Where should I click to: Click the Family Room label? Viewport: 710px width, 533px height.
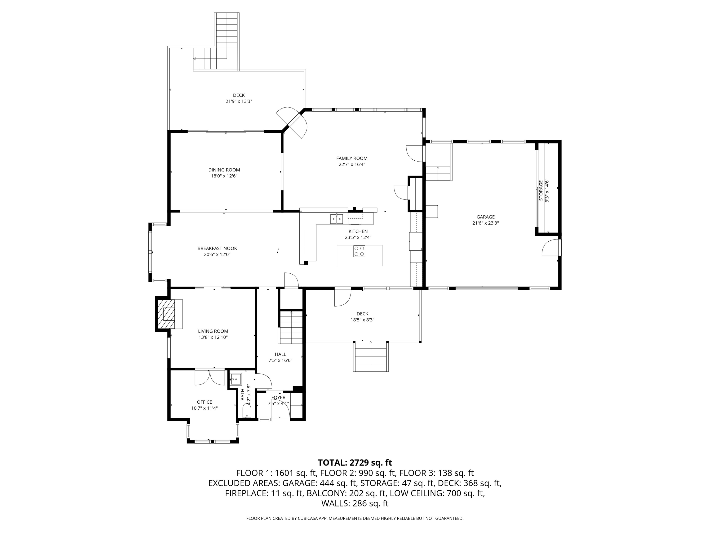pos(352,158)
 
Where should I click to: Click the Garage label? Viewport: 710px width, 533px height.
pos(485,217)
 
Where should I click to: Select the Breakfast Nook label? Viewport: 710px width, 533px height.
pos(217,248)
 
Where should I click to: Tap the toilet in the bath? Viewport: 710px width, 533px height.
pos(247,411)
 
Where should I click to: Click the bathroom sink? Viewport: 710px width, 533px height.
pos(236,379)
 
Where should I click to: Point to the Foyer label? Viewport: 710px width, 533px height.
pos(278,397)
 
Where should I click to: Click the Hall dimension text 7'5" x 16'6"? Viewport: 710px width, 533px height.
pos(280,360)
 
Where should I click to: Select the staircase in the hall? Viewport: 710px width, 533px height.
pos(291,327)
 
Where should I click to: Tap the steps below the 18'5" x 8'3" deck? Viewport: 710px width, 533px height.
pos(371,356)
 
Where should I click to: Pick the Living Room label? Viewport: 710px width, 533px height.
pos(213,331)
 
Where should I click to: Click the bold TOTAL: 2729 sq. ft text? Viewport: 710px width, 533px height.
pos(355,463)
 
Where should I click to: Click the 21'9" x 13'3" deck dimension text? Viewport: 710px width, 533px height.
pos(239,101)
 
